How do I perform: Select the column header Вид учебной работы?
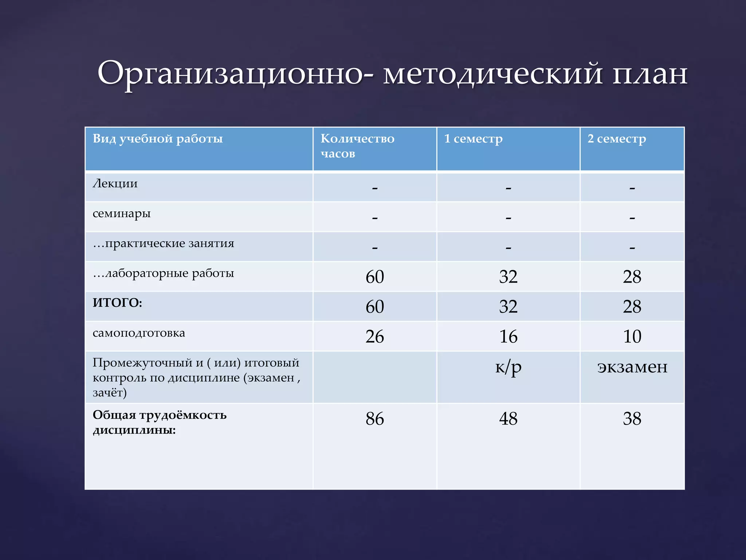click(157, 139)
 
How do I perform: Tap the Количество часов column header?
click(357, 146)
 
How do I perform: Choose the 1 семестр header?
click(473, 139)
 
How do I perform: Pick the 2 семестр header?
click(616, 139)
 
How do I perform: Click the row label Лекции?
click(115, 183)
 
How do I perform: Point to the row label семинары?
click(121, 214)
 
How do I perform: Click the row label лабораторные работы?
click(163, 273)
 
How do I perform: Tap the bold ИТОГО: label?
click(117, 303)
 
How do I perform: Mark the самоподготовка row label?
click(138, 333)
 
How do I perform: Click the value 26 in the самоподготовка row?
click(374, 337)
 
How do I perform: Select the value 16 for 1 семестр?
click(508, 337)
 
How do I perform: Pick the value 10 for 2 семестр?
click(632, 337)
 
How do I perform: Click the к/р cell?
click(508, 367)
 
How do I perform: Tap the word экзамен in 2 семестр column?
click(632, 367)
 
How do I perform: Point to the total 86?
click(374, 419)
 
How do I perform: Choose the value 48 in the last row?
click(508, 419)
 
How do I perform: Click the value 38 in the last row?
click(632, 419)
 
